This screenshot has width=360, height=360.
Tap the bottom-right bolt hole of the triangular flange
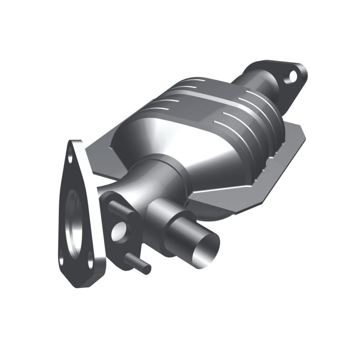click(x=90, y=260)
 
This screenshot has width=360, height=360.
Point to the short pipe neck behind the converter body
click(x=252, y=85)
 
